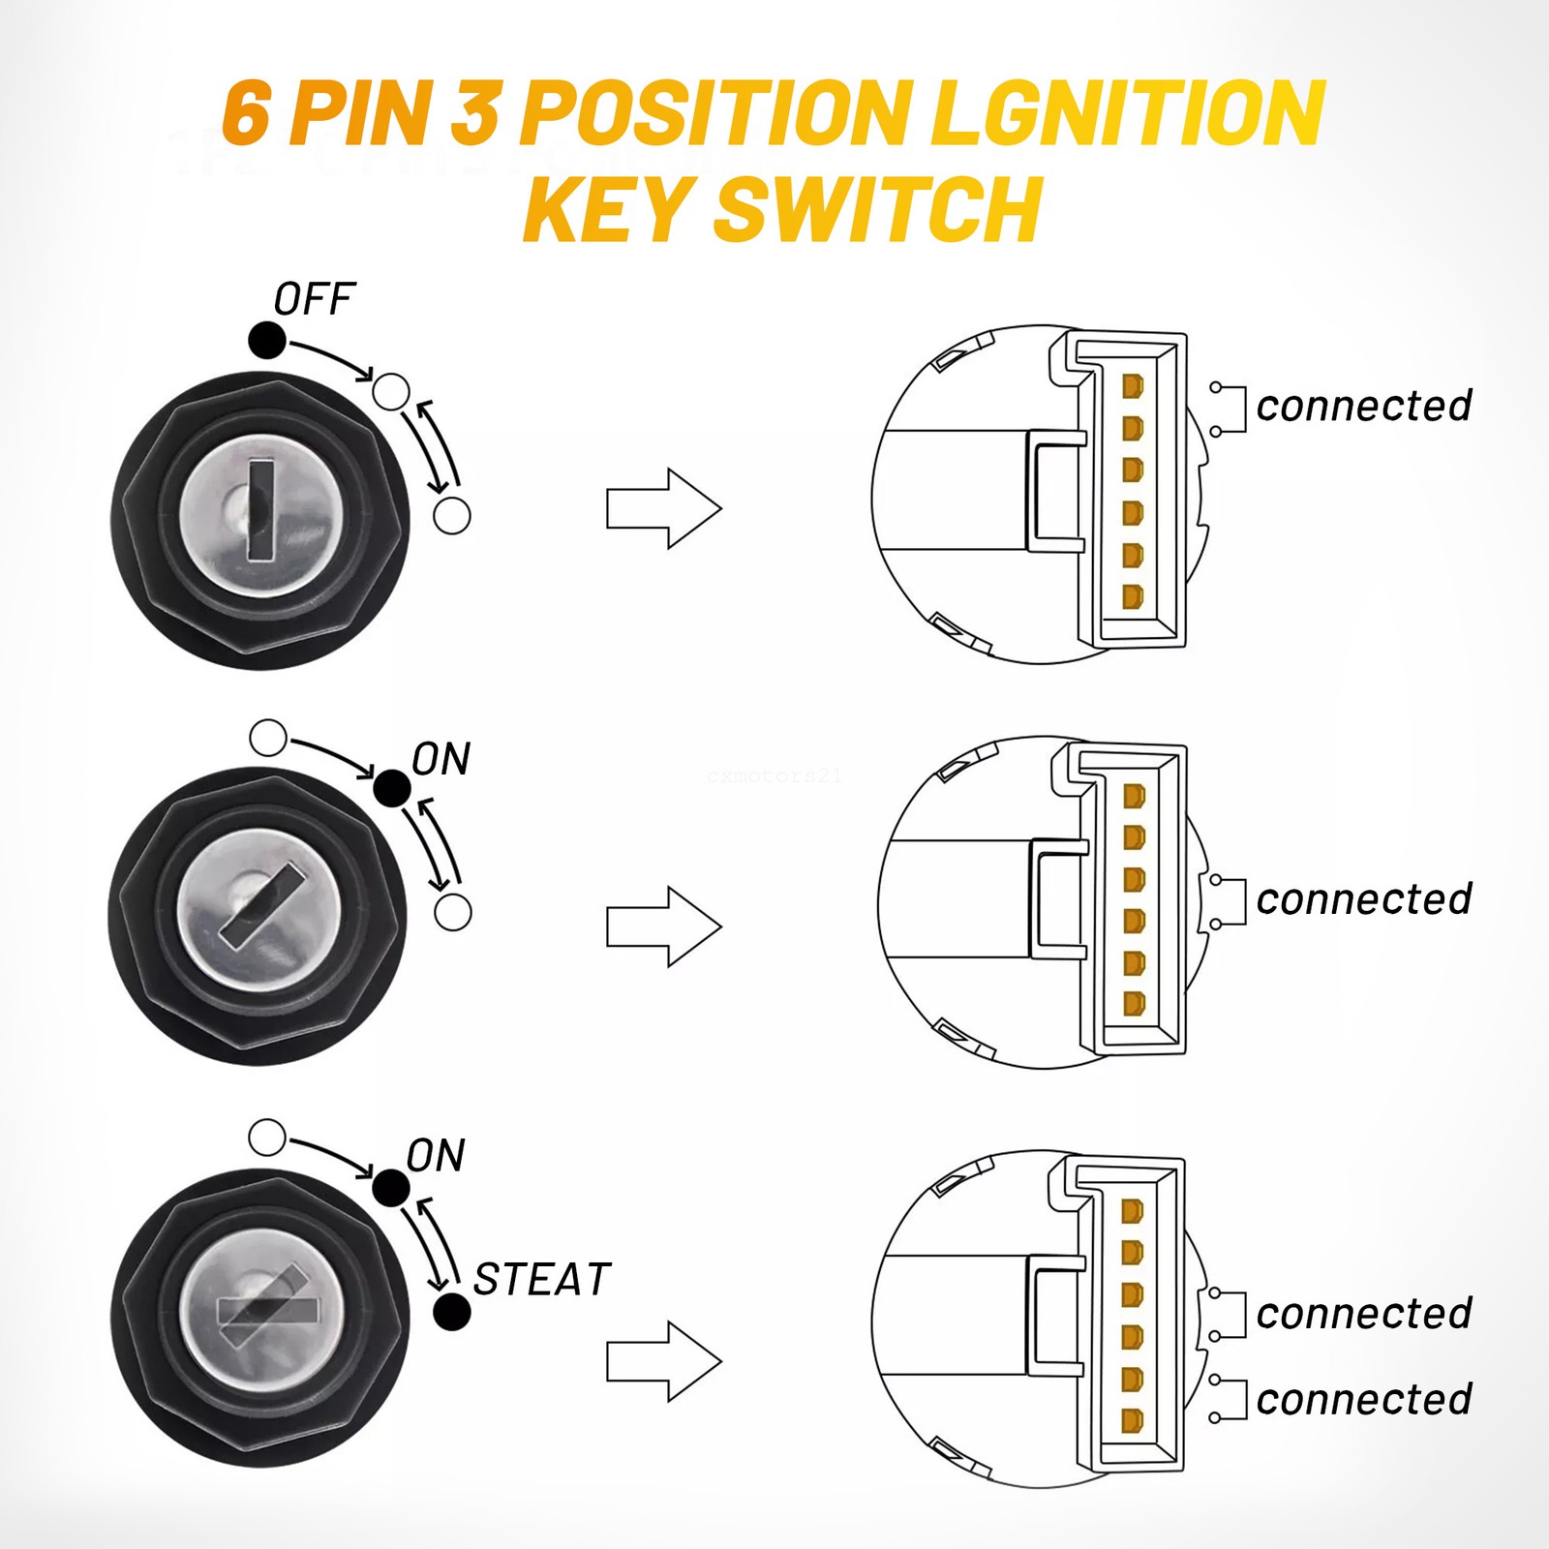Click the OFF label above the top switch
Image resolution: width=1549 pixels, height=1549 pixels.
(x=315, y=299)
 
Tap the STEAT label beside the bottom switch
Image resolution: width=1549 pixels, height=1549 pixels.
(x=541, y=1280)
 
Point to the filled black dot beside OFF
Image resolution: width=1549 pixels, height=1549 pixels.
(x=267, y=340)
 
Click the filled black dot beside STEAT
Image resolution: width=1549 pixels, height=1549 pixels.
(x=452, y=1313)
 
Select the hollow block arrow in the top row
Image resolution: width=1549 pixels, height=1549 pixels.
(x=664, y=508)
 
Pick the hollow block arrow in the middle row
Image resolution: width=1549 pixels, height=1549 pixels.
(x=664, y=926)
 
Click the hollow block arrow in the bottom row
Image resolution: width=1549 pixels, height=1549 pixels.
(x=664, y=1361)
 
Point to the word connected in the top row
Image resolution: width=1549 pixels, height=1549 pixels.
(x=1363, y=406)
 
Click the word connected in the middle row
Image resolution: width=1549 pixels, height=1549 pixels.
(x=1363, y=899)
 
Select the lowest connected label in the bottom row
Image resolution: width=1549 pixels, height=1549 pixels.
(x=1363, y=1399)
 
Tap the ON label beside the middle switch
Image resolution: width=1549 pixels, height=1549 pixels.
(x=441, y=760)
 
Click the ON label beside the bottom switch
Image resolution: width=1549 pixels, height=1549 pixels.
(x=436, y=1156)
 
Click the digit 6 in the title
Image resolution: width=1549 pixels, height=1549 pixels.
(x=246, y=114)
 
